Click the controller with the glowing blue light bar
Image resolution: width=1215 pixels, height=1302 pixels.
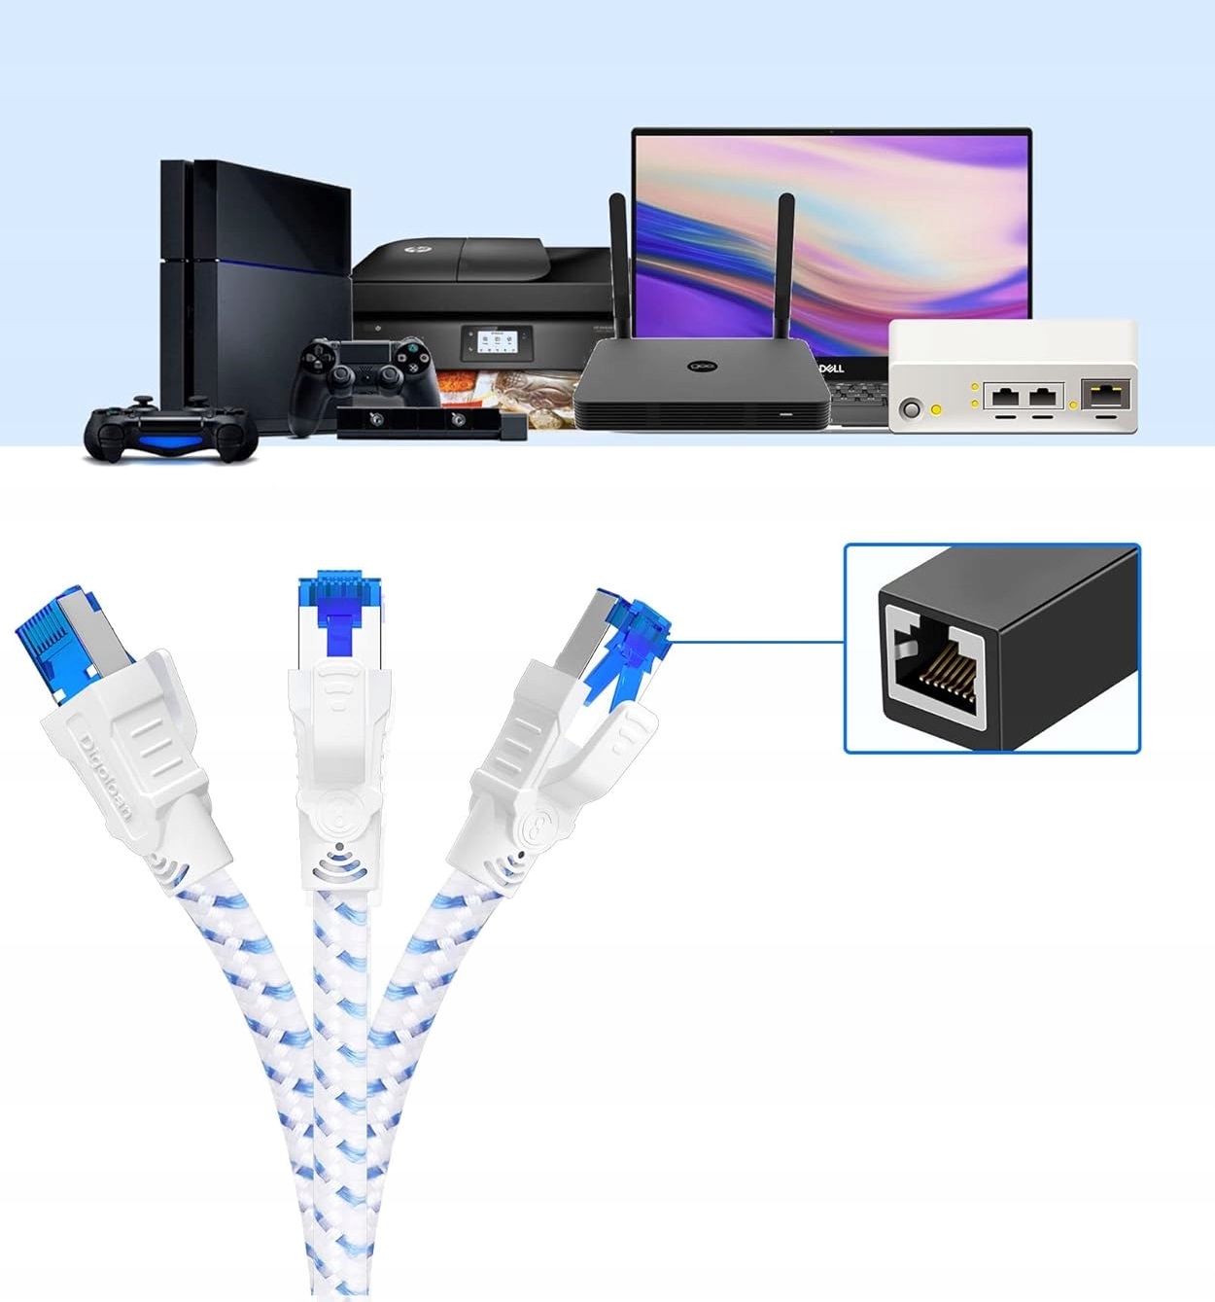click(171, 431)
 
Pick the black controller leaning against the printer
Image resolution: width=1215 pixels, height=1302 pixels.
click(364, 374)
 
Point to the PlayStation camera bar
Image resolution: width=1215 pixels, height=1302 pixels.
click(431, 423)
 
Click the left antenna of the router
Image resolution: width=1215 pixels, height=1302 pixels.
click(618, 263)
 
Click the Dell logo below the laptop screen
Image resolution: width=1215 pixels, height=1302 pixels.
click(832, 368)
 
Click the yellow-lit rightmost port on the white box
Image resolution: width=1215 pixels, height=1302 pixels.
click(1105, 396)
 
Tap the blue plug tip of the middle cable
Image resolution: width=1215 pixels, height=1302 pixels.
click(337, 589)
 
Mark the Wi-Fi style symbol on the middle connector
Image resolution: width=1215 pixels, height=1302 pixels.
click(338, 856)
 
